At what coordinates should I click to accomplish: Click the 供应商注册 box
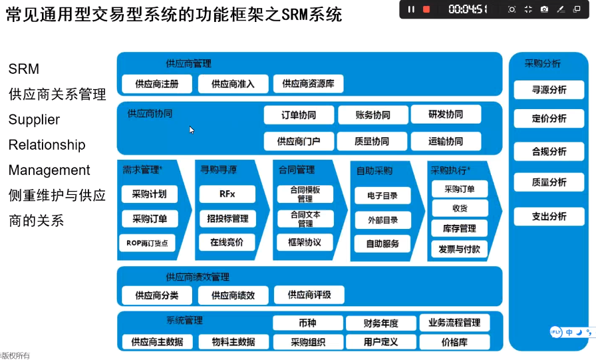pyautogui.click(x=157, y=84)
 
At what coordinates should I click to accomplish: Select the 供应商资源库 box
pyautogui.click(x=308, y=84)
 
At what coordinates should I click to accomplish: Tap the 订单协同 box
pyautogui.click(x=299, y=115)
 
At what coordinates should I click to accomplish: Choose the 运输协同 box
pyautogui.click(x=446, y=142)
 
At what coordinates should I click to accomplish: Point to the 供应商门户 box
pyautogui.click(x=299, y=142)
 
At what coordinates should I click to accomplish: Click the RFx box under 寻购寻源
pyautogui.click(x=227, y=194)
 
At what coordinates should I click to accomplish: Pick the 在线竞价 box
pyautogui.click(x=227, y=242)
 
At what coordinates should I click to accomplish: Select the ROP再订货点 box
pyautogui.click(x=148, y=243)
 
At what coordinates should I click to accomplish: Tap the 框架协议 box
pyautogui.click(x=305, y=242)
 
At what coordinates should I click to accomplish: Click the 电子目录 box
pyautogui.click(x=382, y=196)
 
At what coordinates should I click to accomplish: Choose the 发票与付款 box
pyautogui.click(x=460, y=250)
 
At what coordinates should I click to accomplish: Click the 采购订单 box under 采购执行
pyautogui.click(x=460, y=189)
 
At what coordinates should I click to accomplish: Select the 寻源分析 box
pyautogui.click(x=549, y=90)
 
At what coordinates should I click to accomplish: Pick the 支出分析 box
pyautogui.click(x=549, y=216)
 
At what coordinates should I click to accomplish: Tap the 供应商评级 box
pyautogui.click(x=309, y=295)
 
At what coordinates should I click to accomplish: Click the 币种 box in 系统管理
pyautogui.click(x=308, y=323)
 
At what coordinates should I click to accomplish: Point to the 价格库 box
pyautogui.click(x=454, y=342)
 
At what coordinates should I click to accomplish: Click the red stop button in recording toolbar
pyautogui.click(x=426, y=9)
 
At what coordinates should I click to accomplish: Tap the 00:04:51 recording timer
pyautogui.click(x=468, y=9)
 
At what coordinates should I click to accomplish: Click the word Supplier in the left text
pyautogui.click(x=34, y=120)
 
